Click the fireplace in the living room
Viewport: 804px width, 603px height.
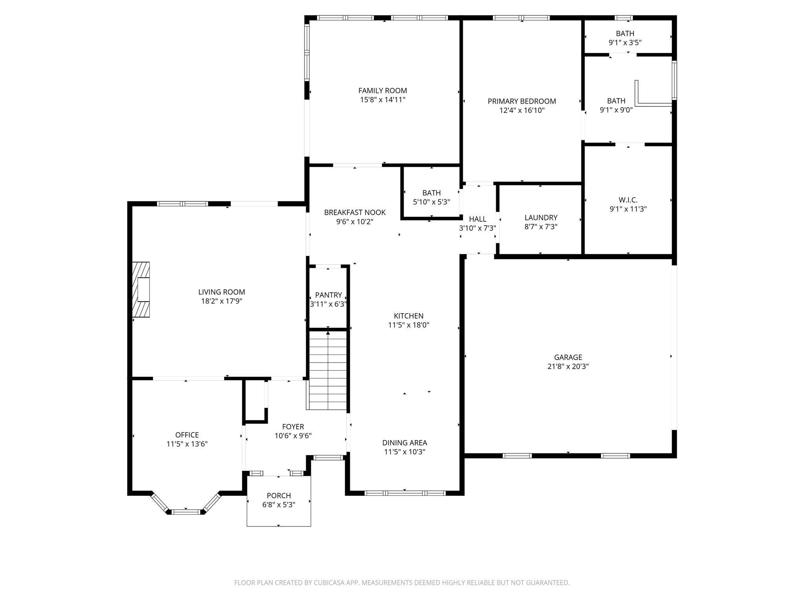point(141,289)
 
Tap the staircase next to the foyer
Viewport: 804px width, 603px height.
point(328,370)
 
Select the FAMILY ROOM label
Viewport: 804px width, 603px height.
point(383,91)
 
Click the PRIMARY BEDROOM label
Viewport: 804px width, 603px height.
point(522,101)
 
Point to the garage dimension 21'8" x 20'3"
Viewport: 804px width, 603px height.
point(568,367)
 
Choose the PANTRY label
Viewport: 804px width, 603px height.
point(329,295)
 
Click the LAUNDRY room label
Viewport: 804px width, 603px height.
point(541,217)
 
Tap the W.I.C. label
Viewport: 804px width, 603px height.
point(628,200)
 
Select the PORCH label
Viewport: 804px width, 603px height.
point(279,495)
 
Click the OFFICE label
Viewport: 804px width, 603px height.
point(187,435)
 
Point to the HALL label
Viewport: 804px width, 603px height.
point(478,219)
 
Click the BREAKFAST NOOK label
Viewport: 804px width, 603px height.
point(355,212)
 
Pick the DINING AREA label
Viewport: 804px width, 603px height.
point(405,443)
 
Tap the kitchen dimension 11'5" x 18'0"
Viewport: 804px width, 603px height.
point(409,325)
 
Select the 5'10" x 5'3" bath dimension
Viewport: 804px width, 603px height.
point(431,202)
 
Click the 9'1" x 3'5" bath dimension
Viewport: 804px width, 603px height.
point(625,42)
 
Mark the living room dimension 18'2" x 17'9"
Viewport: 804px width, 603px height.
point(222,301)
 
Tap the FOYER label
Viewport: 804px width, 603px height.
point(293,427)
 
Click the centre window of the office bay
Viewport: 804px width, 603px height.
point(186,512)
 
